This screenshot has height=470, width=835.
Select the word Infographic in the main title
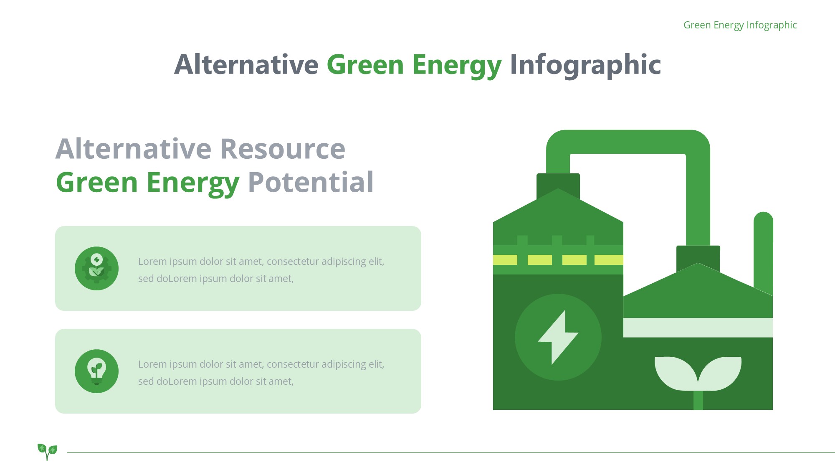click(585, 66)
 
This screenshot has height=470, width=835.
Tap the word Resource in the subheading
click(283, 149)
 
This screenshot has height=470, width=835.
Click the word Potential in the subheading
click(311, 182)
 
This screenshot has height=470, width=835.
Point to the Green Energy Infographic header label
click(740, 25)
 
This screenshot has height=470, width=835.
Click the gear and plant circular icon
click(96, 268)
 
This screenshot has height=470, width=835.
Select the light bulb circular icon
click(96, 371)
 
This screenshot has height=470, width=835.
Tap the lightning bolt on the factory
click(558, 337)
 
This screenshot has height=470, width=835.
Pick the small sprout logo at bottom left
click(47, 452)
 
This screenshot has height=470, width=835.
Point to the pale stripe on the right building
click(698, 328)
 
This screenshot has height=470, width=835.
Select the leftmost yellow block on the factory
click(505, 260)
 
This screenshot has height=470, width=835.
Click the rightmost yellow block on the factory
click(609, 260)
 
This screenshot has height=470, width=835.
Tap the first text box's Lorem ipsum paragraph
click(261, 270)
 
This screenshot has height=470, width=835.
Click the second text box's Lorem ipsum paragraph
click(261, 373)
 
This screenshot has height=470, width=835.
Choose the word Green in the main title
click(365, 65)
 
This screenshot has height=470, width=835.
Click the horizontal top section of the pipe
click(628, 142)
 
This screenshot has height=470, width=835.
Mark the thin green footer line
click(451, 452)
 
